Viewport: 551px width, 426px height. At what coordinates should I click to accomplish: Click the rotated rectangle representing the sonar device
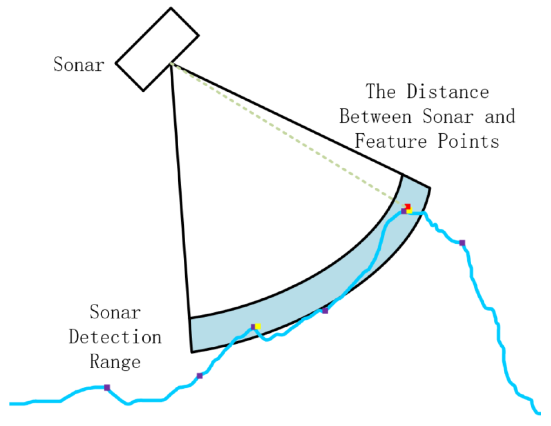click(157, 49)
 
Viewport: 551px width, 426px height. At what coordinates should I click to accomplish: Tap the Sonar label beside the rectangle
click(79, 65)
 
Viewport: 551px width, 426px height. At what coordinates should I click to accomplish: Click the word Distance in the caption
click(448, 91)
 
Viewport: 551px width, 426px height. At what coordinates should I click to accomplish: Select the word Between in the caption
click(376, 116)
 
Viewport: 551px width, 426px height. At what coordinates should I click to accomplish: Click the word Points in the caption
click(468, 141)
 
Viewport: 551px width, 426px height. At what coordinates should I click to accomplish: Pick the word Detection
click(115, 337)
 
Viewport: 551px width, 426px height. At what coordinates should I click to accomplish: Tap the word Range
click(115, 362)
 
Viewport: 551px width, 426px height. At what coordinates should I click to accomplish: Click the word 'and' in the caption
click(500, 116)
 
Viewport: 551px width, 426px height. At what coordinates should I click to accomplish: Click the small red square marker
click(408, 206)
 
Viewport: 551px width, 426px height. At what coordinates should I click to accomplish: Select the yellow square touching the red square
click(409, 211)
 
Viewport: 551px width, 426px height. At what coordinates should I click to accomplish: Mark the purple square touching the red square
click(404, 211)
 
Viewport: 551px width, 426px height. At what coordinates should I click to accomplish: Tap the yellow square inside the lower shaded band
click(258, 326)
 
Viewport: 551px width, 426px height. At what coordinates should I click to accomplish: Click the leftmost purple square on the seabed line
click(107, 388)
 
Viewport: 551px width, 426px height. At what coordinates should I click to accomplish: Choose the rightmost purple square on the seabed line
click(462, 243)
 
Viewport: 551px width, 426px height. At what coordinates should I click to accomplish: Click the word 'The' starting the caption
click(381, 91)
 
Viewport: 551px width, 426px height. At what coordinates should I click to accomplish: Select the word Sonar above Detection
click(115, 312)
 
